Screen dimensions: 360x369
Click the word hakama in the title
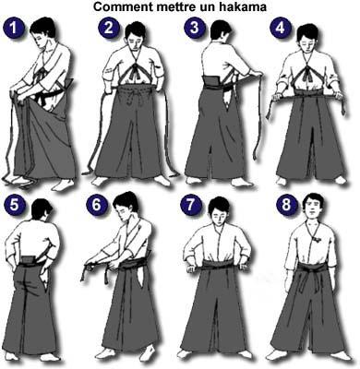[x=243, y=6]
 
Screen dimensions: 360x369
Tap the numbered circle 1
[x=14, y=29]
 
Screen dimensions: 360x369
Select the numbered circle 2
[x=109, y=28]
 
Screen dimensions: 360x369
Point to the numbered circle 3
[x=195, y=28]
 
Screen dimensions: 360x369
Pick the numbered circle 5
[x=14, y=205]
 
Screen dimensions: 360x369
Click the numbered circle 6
[x=97, y=205]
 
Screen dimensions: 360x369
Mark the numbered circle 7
[x=191, y=205]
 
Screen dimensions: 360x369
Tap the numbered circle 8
[x=286, y=205]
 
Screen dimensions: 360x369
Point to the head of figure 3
[x=221, y=31]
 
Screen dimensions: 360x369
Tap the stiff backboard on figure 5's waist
[x=28, y=259]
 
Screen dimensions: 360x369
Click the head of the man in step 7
[x=219, y=210]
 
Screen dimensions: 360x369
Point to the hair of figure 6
[x=125, y=201]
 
